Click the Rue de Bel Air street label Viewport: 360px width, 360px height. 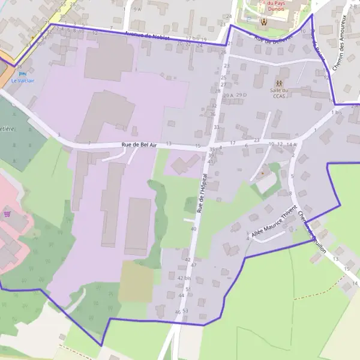point(139,145)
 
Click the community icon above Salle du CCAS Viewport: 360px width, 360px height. point(278,83)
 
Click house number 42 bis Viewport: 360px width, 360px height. point(184,278)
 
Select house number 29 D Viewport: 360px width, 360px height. point(241,95)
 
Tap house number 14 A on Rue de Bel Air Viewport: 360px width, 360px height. point(291,145)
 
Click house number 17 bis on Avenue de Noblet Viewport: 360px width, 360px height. point(192,38)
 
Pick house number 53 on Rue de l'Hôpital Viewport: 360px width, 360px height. point(185,310)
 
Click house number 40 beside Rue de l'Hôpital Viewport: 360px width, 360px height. point(194,229)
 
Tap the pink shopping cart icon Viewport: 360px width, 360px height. point(7,213)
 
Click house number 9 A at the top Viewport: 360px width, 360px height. point(137,10)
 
